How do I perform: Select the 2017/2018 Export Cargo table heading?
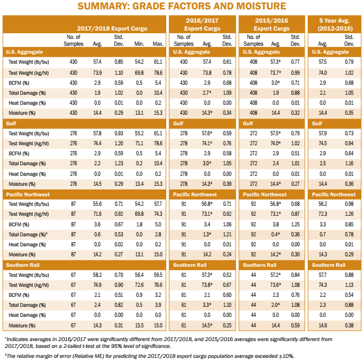[112, 28]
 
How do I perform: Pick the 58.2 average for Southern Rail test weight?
[97, 274]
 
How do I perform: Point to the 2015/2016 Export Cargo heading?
[271, 24]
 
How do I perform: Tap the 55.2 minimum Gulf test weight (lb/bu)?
[139, 133]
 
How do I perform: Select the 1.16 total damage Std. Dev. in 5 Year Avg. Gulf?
[349, 163]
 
